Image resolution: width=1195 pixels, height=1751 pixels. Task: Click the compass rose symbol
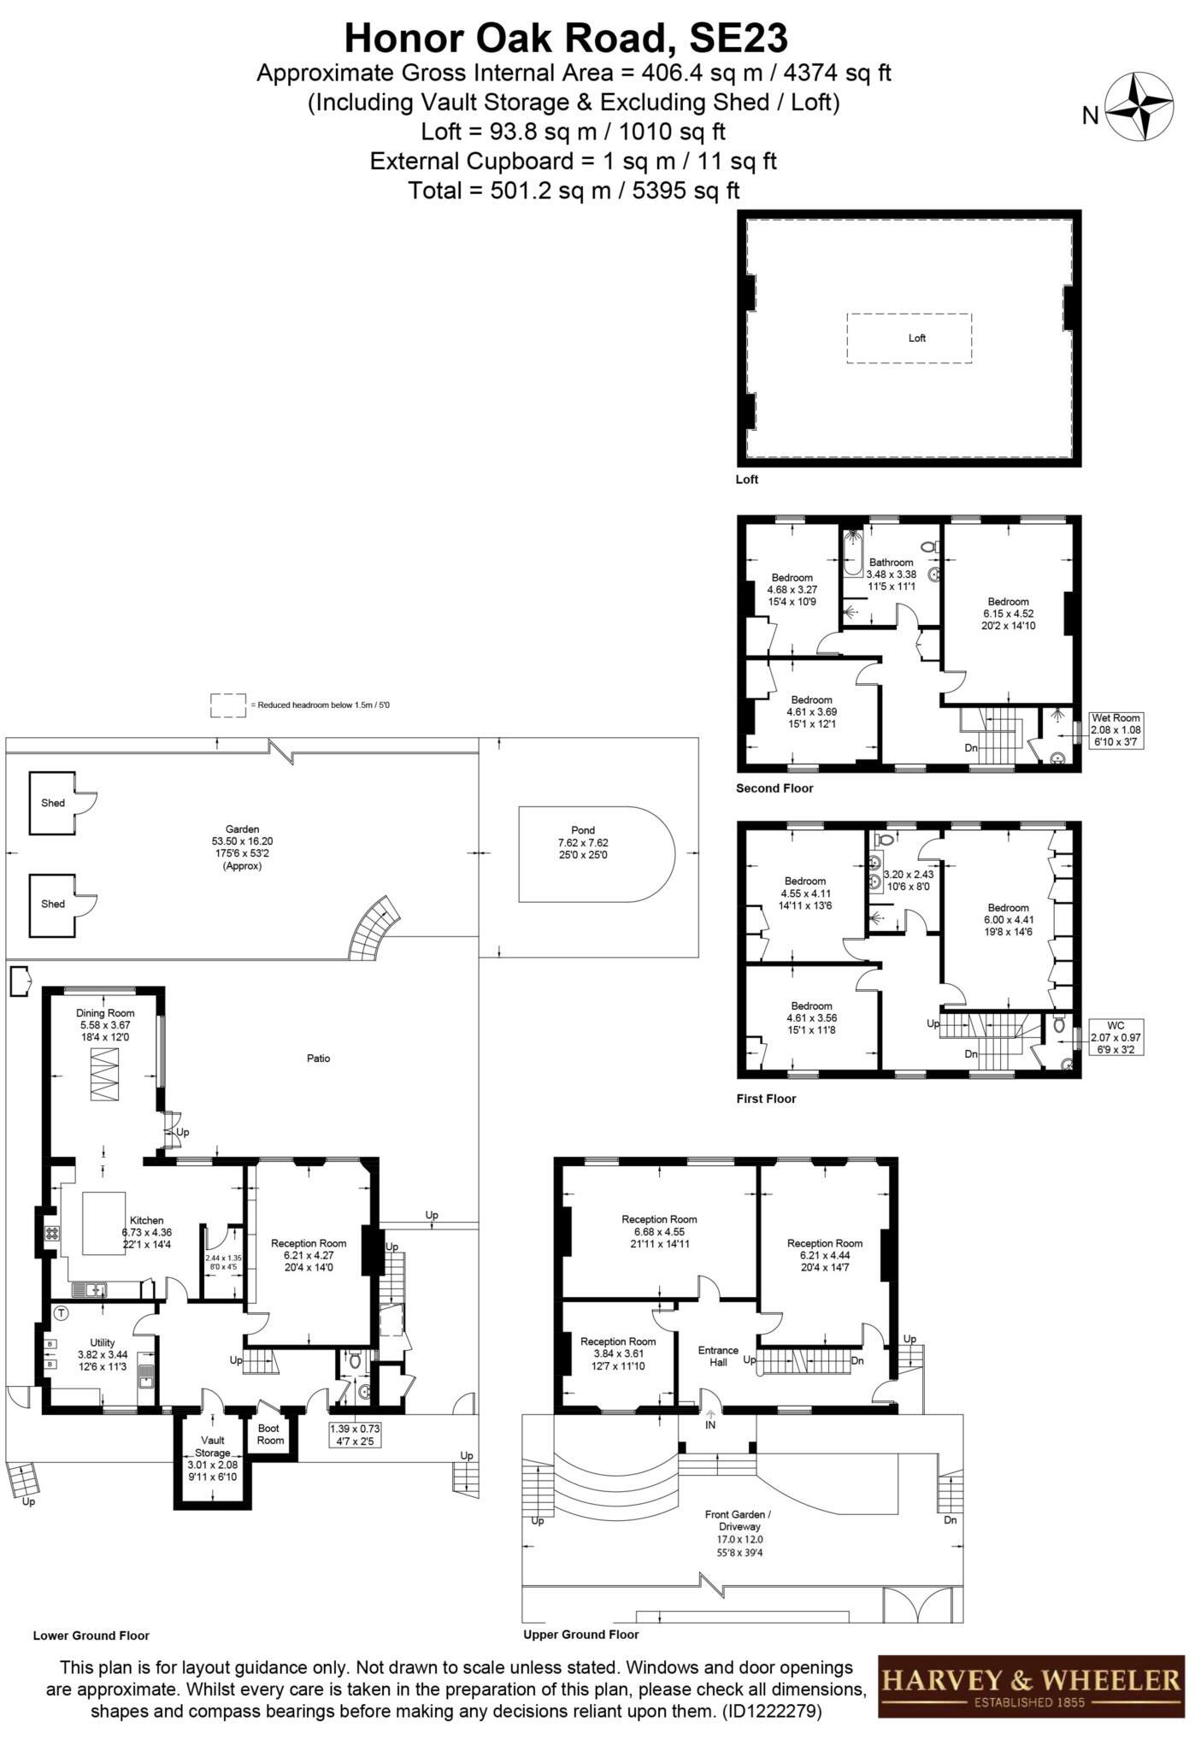click(x=1140, y=107)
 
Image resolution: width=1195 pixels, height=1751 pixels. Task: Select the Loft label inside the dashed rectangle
click(x=916, y=338)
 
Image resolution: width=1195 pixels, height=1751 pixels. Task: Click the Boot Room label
click(x=271, y=1434)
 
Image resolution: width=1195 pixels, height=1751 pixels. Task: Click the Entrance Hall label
click(x=717, y=1356)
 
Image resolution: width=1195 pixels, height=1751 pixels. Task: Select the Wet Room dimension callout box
click(x=1116, y=730)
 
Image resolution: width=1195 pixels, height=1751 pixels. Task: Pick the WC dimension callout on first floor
click(x=1116, y=1036)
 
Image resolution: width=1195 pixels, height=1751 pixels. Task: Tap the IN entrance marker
click(x=710, y=1425)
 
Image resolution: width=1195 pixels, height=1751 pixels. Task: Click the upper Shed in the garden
click(x=53, y=803)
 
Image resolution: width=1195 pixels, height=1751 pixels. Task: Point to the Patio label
click(x=318, y=1058)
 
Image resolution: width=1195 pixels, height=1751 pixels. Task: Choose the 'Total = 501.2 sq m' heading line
click(x=574, y=190)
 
